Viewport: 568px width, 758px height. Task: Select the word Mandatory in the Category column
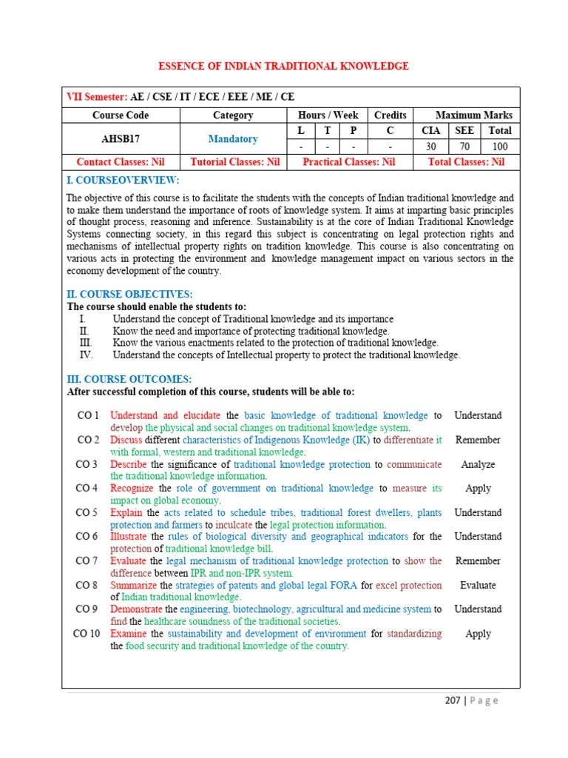click(233, 138)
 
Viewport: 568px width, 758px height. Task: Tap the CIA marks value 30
click(430, 147)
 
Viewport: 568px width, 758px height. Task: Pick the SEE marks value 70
click(464, 147)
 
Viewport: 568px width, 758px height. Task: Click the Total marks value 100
click(499, 147)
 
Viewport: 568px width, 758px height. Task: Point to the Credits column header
click(390, 115)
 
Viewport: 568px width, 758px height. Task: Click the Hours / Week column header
click(328, 115)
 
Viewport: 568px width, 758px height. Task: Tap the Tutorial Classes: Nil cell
click(234, 161)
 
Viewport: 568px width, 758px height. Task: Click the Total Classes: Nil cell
click(467, 161)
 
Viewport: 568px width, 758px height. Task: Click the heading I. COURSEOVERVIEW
click(123, 181)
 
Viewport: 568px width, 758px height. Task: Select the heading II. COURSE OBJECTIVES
click(129, 294)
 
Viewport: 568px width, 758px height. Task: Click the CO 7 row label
click(87, 561)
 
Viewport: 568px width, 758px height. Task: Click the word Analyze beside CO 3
click(478, 464)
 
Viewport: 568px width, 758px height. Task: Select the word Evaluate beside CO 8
click(478, 585)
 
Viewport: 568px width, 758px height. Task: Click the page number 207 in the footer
click(452, 700)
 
